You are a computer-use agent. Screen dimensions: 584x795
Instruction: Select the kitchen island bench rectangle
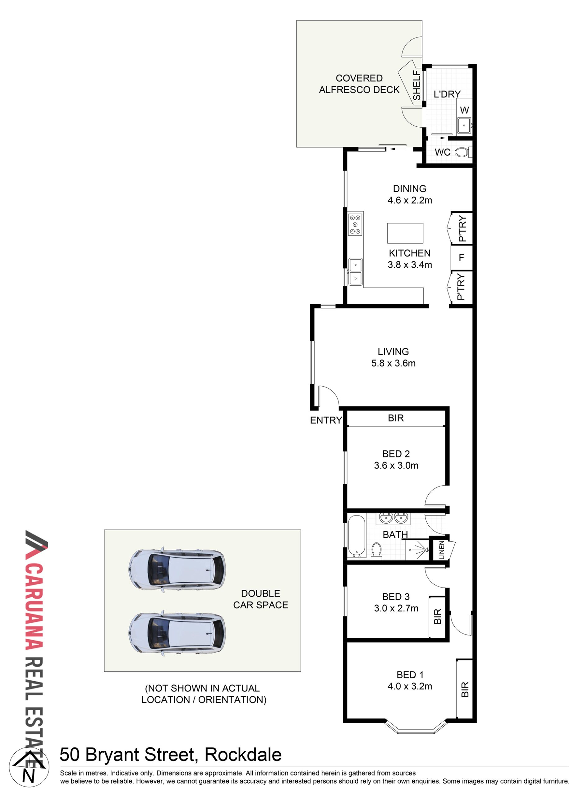click(405, 233)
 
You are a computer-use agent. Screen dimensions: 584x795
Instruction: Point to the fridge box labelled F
click(462, 258)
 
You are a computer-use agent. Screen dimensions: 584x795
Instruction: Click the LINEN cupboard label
click(442, 550)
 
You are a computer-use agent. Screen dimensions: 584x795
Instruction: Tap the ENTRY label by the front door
click(326, 420)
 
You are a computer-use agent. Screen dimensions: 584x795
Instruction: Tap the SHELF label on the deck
click(417, 85)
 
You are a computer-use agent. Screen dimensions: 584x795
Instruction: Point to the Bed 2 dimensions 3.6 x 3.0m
click(396, 466)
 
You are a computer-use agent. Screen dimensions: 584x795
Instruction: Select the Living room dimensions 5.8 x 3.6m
click(393, 363)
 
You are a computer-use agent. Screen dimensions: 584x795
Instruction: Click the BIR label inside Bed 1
click(465, 689)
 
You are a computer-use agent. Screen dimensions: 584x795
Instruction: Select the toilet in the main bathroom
click(376, 551)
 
